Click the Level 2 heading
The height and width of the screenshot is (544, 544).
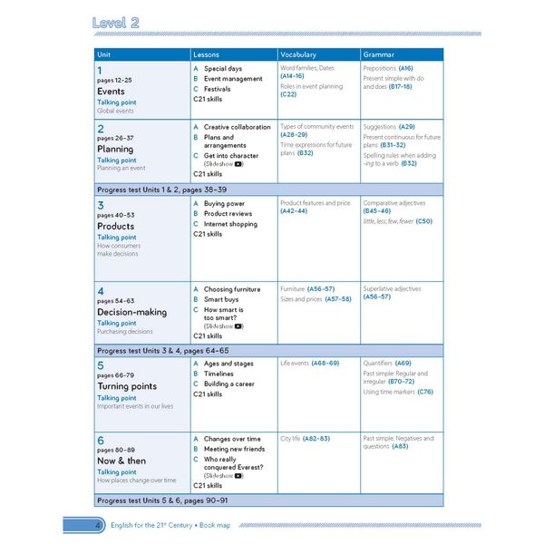(x=115, y=24)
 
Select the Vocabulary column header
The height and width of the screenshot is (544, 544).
(x=298, y=55)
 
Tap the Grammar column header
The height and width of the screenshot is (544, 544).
(x=378, y=55)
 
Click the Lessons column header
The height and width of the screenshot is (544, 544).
(x=207, y=55)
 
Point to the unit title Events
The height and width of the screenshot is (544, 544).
(x=111, y=92)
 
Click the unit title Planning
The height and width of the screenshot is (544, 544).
(x=115, y=149)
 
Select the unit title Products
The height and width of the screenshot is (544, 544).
(x=115, y=227)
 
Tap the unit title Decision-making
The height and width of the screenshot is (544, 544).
(x=131, y=312)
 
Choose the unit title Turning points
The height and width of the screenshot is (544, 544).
(x=126, y=386)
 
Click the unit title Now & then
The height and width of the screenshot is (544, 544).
(x=121, y=461)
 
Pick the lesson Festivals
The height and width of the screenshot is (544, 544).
(x=217, y=89)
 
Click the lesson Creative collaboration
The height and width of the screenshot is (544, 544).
(x=237, y=127)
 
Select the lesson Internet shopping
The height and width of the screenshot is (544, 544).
(x=230, y=224)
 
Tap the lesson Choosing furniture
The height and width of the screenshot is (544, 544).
(x=231, y=289)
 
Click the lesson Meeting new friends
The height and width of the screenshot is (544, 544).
(x=234, y=449)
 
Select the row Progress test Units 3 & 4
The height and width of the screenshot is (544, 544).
(x=163, y=351)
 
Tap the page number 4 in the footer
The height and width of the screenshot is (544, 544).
(x=97, y=524)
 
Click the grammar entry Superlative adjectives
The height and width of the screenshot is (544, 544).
(x=392, y=288)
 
